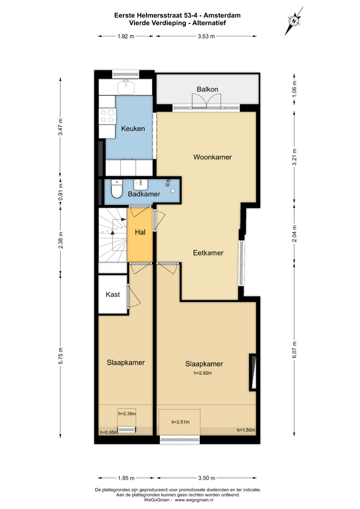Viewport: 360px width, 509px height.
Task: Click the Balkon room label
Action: pyautogui.click(x=207, y=89)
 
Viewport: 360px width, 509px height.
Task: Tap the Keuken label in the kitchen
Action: pyautogui.click(x=133, y=129)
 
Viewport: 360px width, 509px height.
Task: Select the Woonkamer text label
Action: pyautogui.click(x=213, y=157)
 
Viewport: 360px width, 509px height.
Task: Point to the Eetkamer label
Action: pyautogui.click(x=208, y=253)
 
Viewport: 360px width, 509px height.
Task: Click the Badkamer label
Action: pyautogui.click(x=144, y=194)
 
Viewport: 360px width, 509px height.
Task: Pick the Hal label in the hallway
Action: pyautogui.click(x=140, y=232)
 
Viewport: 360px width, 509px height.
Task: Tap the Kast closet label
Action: pyautogui.click(x=113, y=294)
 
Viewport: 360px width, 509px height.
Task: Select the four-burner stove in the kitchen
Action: pyautogui.click(x=107, y=116)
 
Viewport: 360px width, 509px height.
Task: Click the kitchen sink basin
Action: pyautogui.click(x=126, y=87)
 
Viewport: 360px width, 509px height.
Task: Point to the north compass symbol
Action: pyautogui.click(x=294, y=21)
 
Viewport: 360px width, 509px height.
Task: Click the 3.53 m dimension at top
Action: pyautogui.click(x=206, y=36)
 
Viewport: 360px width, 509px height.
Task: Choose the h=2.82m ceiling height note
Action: pyautogui.click(x=203, y=373)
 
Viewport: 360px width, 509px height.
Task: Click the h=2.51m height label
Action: pyautogui.click(x=180, y=422)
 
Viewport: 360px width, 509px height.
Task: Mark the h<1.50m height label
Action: pyautogui.click(x=246, y=430)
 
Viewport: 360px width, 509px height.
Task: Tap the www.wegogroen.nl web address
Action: pyautogui.click(x=194, y=500)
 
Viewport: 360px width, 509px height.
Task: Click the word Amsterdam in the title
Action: pyautogui.click(x=222, y=15)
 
